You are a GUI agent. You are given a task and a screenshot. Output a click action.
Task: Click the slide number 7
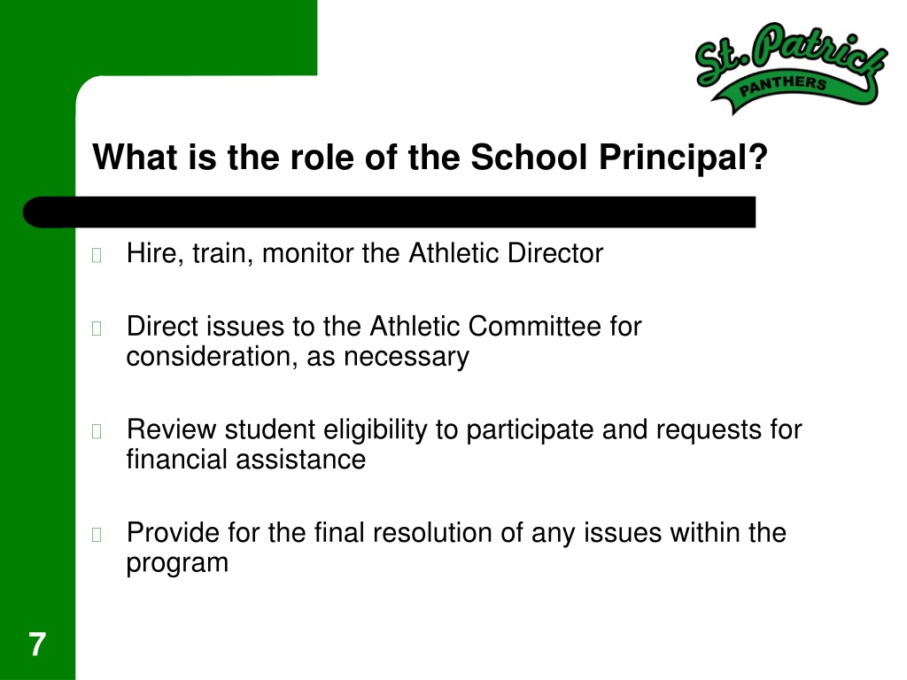(37, 645)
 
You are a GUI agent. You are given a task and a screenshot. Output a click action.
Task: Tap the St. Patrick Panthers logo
(791, 68)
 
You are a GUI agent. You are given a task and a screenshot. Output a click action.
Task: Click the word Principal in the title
(683, 158)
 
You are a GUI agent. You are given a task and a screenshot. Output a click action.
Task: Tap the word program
(177, 564)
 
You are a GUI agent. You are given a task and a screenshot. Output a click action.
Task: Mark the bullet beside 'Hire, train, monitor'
(97, 255)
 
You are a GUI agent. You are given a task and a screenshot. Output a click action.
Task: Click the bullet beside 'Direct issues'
(97, 328)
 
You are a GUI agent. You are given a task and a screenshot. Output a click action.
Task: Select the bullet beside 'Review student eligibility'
(97, 431)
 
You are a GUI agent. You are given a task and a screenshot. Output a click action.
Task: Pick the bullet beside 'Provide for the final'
(97, 535)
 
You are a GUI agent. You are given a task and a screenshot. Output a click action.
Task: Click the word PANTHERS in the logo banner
(783, 86)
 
